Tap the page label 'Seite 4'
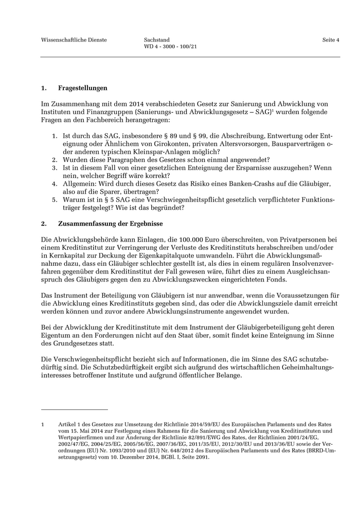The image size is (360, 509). (x=331, y=40)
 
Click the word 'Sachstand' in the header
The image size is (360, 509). (x=157, y=40)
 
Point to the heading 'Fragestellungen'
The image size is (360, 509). (x=82, y=88)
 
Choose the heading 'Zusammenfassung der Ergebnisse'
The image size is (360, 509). (x=107, y=224)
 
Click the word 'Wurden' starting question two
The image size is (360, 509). (x=74, y=160)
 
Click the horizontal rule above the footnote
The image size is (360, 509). (x=74, y=409)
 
